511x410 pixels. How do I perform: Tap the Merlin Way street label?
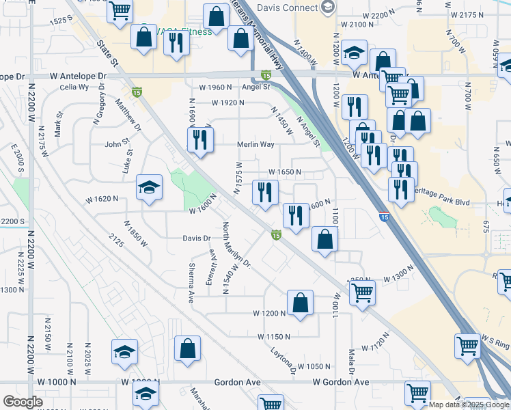255,145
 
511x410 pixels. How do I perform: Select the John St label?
117,144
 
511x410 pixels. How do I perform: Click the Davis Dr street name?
196,238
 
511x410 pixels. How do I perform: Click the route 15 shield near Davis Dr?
275,236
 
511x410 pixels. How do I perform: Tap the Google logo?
23,402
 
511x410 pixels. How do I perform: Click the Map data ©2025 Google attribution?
469,405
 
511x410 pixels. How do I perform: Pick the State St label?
109,54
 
